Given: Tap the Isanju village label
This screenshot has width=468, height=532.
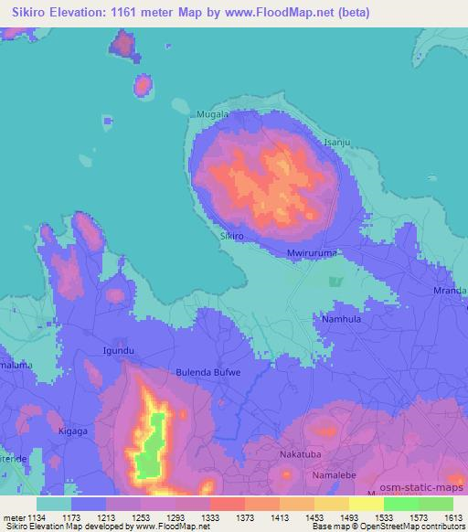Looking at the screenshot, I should pyautogui.click(x=337, y=143).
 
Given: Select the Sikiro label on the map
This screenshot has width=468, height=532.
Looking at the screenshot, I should pyautogui.click(x=232, y=235).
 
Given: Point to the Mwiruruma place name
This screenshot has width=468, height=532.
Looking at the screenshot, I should pyautogui.click(x=312, y=253).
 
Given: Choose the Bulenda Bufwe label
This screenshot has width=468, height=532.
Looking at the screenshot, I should pyautogui.click(x=208, y=373).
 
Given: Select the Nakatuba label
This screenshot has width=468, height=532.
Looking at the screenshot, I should pyautogui.click(x=302, y=452).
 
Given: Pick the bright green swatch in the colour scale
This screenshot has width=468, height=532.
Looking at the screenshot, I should pyautogui.click(x=400, y=504).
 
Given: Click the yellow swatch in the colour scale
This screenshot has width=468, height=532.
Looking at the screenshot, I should pyautogui.click(x=366, y=504).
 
